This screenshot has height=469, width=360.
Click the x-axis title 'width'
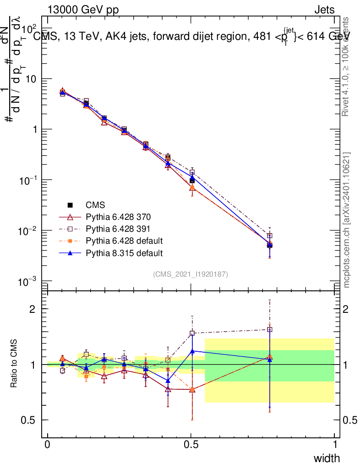(327, 458)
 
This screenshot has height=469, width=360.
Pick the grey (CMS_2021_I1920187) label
(191, 274)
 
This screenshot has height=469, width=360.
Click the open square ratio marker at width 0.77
(270, 329)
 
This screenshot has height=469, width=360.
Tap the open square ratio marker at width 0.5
(192, 333)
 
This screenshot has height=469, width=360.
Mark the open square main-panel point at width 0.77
(270, 235)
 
